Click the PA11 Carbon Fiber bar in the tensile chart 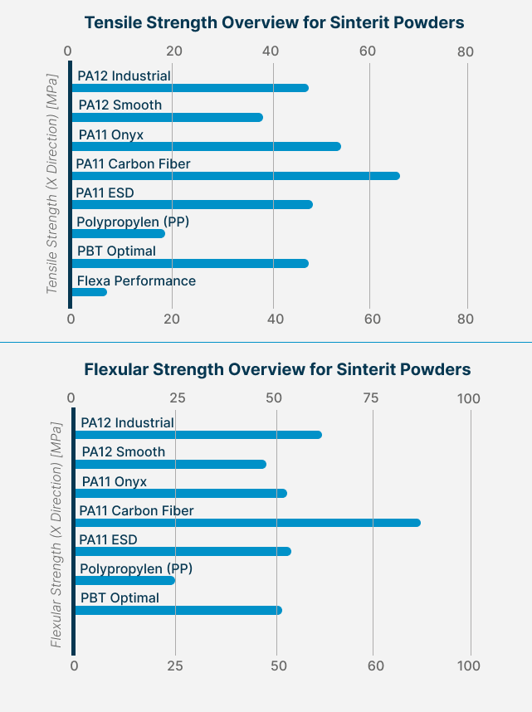pyautogui.click(x=235, y=176)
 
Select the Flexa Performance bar pyautogui.click(x=89, y=292)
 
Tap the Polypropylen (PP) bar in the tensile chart pyautogui.click(x=118, y=234)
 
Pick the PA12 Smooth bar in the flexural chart pyautogui.click(x=170, y=464)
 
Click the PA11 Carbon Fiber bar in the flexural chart pyautogui.click(x=247, y=523)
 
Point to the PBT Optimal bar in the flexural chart pyautogui.click(x=178, y=610)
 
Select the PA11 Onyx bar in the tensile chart pyautogui.click(x=206, y=146)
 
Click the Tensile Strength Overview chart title pyautogui.click(x=274, y=22)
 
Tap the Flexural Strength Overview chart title pyautogui.click(x=277, y=369)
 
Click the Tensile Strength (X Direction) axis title pyautogui.click(x=52, y=183)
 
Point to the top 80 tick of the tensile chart pyautogui.click(x=466, y=51)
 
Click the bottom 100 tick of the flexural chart pyautogui.click(x=470, y=666)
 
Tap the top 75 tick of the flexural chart pyautogui.click(x=371, y=398)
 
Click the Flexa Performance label pyautogui.click(x=136, y=280)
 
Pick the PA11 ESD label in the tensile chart pyautogui.click(x=105, y=193)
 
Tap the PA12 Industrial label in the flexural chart pyautogui.click(x=127, y=422)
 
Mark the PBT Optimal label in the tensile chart pyautogui.click(x=116, y=251)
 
